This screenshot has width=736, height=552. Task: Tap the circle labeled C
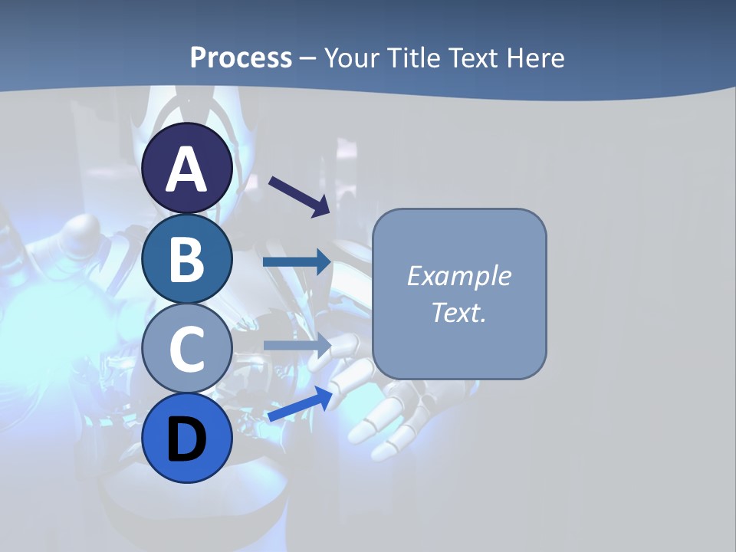pos(187,349)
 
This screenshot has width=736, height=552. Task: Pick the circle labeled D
pos(187,438)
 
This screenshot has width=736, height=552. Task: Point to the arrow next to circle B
pos(297,262)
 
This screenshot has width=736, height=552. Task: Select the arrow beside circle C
pos(297,344)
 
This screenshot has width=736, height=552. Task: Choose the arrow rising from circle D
pos(300,404)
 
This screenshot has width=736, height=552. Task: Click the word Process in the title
pos(241,58)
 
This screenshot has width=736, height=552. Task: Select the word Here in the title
pos(535,58)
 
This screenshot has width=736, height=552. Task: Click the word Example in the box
pos(459,276)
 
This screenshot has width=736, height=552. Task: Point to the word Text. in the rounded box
pos(459,313)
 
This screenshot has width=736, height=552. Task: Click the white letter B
pos(187,259)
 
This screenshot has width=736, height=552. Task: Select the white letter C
pos(187,349)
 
